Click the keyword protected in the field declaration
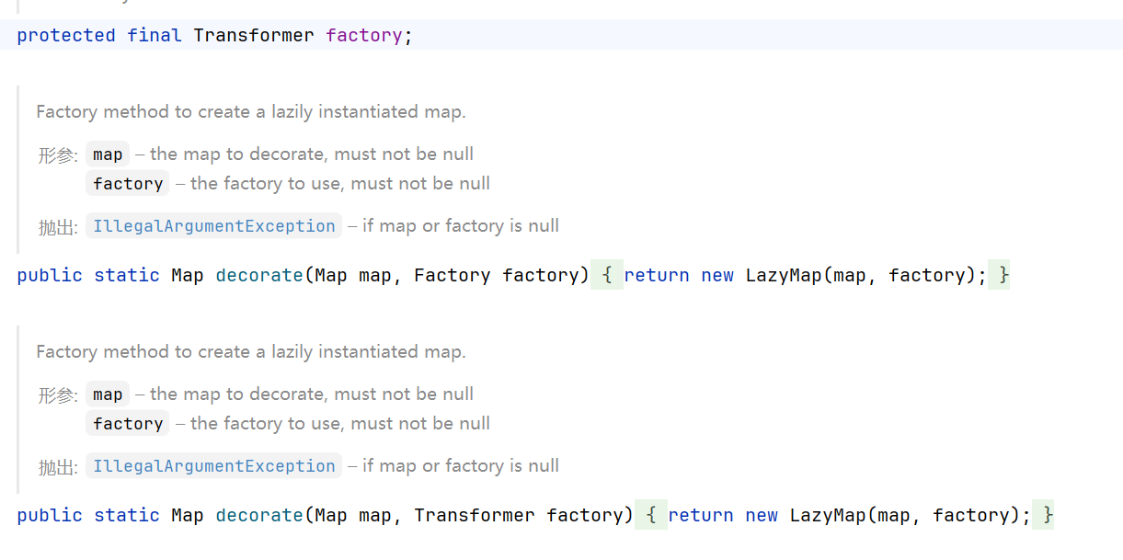(x=66, y=36)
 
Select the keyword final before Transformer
(x=155, y=36)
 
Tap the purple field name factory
(x=364, y=36)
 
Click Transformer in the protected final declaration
(x=254, y=36)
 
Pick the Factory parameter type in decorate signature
(x=453, y=275)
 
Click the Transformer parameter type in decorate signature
(x=475, y=515)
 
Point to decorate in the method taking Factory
(x=259, y=275)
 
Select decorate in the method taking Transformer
(x=259, y=515)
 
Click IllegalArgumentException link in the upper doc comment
(x=214, y=226)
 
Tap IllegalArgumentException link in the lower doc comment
(x=214, y=466)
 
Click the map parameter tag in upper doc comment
(x=108, y=154)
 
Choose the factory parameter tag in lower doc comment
(x=128, y=424)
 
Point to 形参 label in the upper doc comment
(x=57, y=155)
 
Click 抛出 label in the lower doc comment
(x=57, y=467)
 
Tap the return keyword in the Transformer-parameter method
(x=701, y=515)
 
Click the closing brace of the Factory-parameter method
(x=1004, y=275)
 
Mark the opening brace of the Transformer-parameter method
(x=651, y=515)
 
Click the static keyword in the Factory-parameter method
(x=127, y=275)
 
